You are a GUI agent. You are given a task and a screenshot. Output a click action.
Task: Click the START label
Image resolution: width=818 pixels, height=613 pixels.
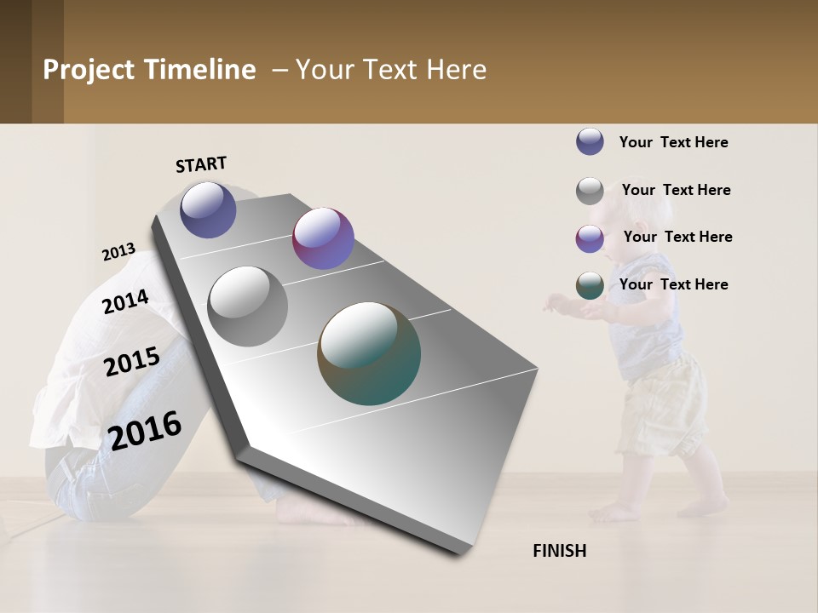[x=201, y=164]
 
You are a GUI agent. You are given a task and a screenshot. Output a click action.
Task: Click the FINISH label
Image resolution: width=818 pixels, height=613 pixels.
[x=559, y=551]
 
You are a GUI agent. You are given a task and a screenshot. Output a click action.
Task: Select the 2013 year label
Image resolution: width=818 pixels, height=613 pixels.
[x=118, y=252]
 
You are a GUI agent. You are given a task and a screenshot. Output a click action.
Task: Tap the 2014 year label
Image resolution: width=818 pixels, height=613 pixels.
[x=125, y=301]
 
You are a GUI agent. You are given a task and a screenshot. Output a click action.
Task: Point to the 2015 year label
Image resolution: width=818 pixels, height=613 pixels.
[x=132, y=362]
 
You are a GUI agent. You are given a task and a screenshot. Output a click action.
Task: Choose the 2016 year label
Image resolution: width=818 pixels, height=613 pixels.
[x=146, y=431]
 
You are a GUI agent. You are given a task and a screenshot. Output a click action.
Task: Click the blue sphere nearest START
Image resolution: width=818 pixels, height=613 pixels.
[x=208, y=209]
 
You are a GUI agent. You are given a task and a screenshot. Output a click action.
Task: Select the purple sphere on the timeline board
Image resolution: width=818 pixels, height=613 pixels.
[x=323, y=238]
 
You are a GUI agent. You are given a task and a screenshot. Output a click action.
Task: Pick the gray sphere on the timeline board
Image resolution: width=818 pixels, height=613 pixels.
[x=248, y=306]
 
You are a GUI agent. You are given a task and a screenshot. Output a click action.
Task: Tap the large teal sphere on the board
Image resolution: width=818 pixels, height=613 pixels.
[x=369, y=353]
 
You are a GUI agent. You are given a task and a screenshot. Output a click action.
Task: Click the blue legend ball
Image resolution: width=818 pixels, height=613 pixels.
[x=590, y=141]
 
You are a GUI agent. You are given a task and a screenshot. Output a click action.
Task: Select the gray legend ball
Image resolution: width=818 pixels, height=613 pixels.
[x=590, y=191]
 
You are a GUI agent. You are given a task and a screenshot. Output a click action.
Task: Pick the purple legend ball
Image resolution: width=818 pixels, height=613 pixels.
[x=590, y=238]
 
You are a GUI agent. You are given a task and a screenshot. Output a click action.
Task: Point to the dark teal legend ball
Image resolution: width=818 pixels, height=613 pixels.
[x=590, y=286]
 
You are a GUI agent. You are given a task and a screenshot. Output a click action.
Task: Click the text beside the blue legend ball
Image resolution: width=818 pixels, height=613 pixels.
[x=673, y=142]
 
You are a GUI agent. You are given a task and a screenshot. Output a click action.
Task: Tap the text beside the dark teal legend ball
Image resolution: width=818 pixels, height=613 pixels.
[x=673, y=284]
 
